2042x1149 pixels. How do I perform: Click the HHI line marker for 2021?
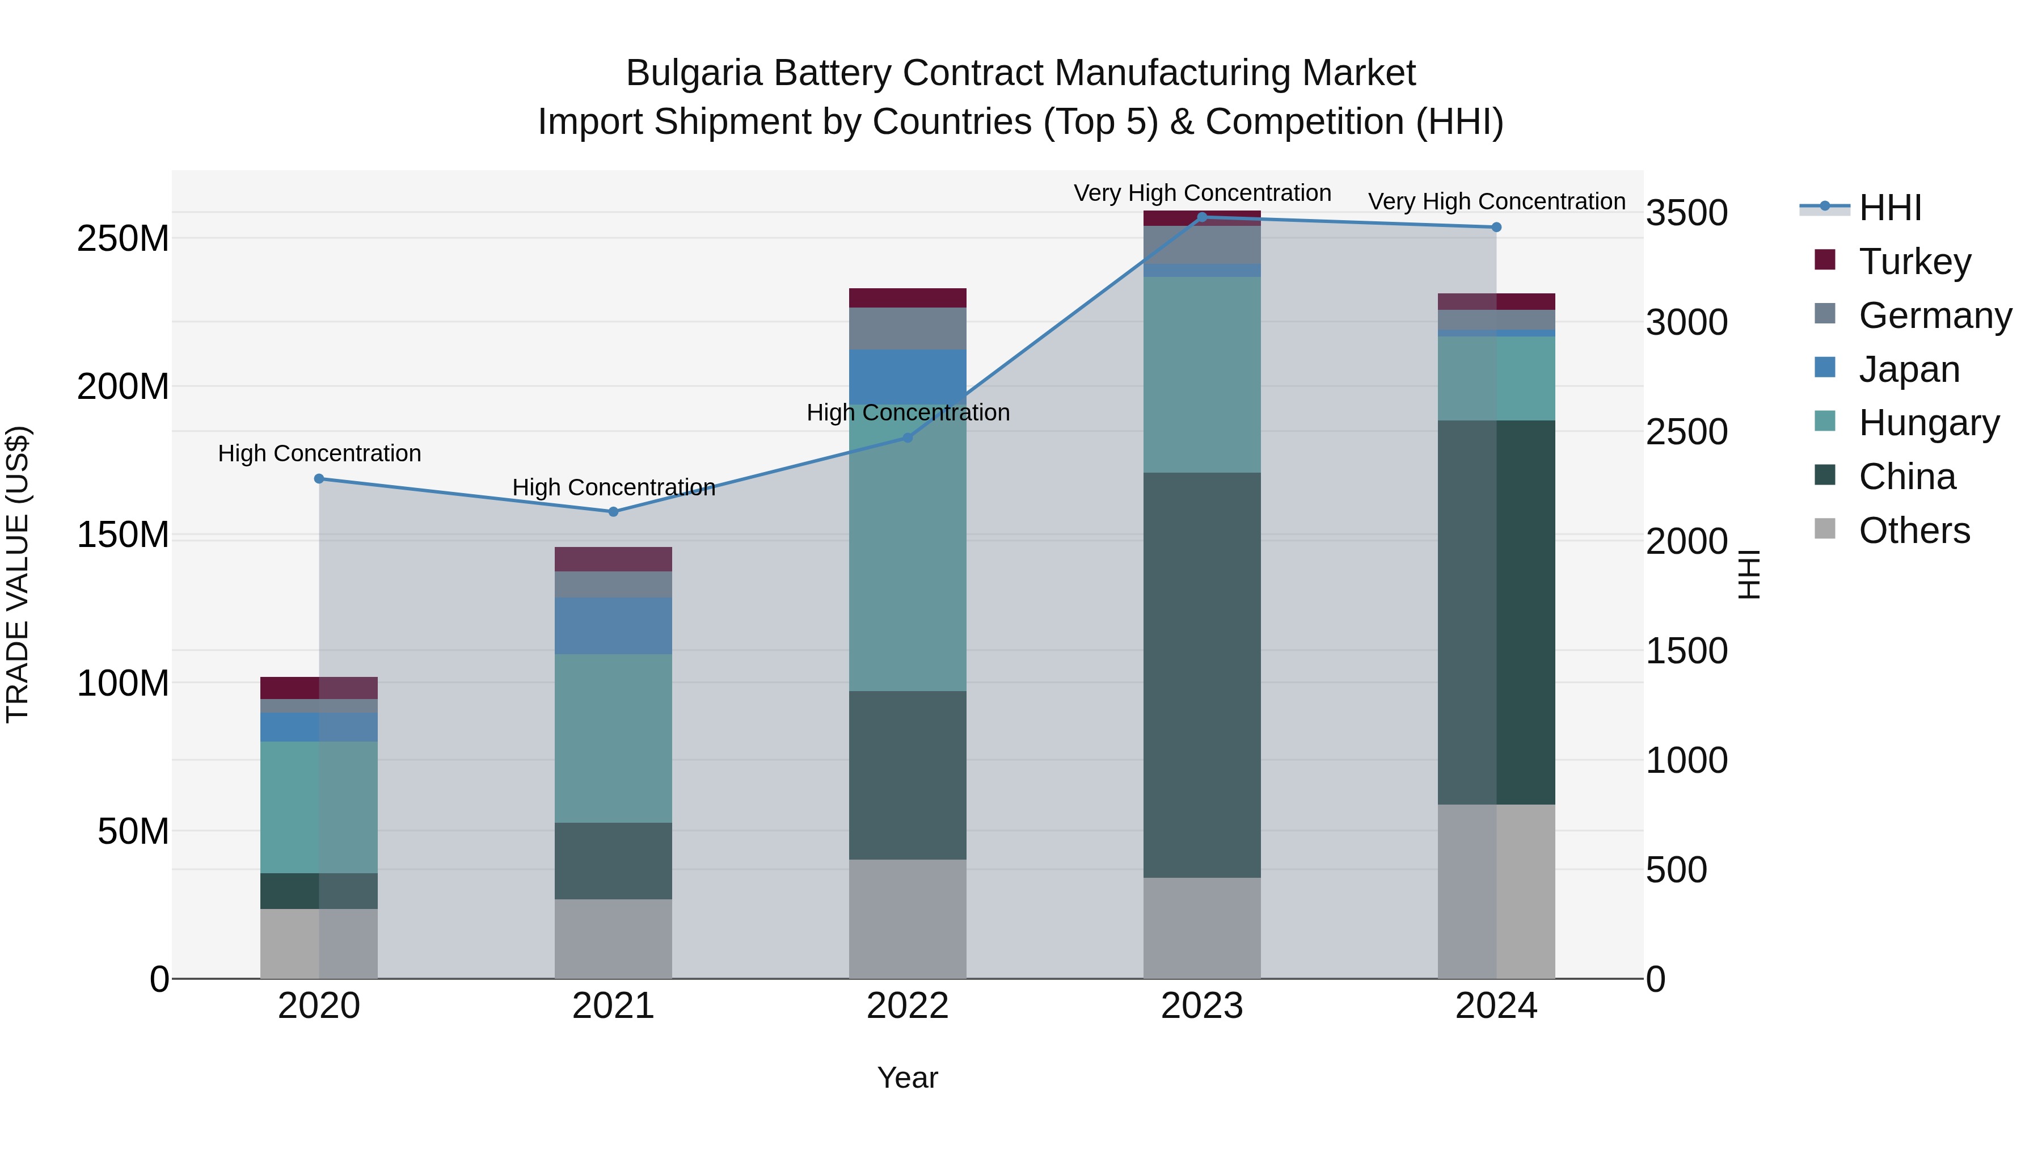[613, 511]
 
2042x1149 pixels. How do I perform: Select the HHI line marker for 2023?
[1202, 217]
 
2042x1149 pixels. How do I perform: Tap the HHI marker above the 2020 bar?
[319, 478]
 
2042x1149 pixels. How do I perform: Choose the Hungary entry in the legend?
[1928, 423]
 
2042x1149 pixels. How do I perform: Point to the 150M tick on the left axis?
[123, 535]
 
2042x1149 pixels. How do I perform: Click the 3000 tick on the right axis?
[1686, 323]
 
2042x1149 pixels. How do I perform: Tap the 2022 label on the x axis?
[907, 1006]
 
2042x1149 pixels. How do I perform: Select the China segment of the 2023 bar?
[1202, 674]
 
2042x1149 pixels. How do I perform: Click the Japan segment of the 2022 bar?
[907, 377]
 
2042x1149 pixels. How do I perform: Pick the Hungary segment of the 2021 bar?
[613, 738]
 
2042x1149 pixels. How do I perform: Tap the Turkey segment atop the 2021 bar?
[613, 559]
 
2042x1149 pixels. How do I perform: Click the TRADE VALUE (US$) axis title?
[18, 574]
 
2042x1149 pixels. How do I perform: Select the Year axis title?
[907, 1078]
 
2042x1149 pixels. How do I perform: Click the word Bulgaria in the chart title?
[694, 74]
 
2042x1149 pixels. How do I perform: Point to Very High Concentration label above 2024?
[1496, 201]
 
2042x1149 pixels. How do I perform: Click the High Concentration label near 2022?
[907, 413]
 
